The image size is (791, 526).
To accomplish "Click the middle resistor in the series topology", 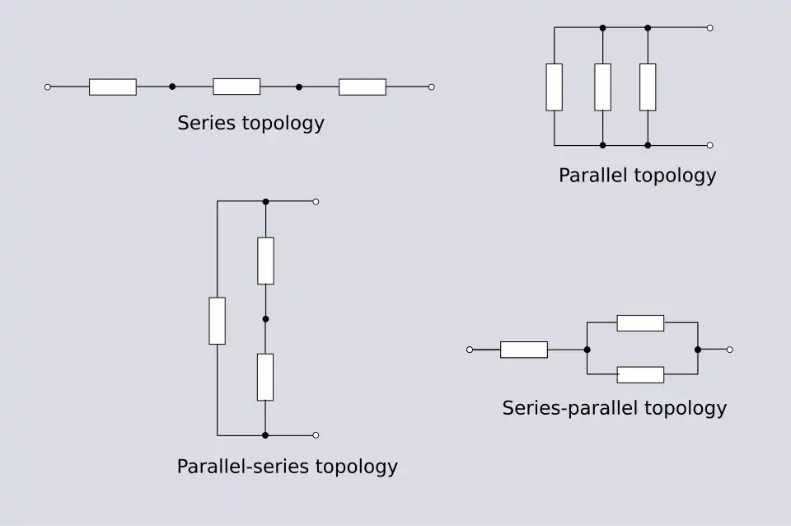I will click(x=236, y=87).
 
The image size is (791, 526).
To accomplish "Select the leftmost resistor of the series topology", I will click(x=113, y=87).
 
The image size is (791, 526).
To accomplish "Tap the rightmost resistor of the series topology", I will click(x=363, y=87).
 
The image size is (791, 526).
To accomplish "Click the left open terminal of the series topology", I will click(x=47, y=87).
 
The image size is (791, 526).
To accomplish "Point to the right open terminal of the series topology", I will click(x=431, y=87).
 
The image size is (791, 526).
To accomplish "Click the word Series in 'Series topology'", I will click(x=206, y=124).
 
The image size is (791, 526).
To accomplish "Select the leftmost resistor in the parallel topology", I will click(x=555, y=87).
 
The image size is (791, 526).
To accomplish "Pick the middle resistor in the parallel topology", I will click(x=602, y=87).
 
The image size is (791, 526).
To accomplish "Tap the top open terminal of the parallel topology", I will click(x=709, y=28).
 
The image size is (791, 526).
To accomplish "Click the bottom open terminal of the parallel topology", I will click(x=709, y=145).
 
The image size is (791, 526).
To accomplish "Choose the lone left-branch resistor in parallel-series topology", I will click(x=218, y=321).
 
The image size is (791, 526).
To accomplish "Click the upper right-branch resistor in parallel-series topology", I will click(x=265, y=261).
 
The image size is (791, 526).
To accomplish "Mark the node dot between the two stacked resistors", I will click(x=265, y=318).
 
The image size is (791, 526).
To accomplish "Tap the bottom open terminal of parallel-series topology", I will click(x=316, y=434).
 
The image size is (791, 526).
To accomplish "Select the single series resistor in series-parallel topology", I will click(x=524, y=350).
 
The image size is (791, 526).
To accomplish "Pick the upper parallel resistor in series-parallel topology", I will click(x=640, y=323).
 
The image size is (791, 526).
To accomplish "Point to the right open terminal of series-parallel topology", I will click(x=729, y=350).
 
